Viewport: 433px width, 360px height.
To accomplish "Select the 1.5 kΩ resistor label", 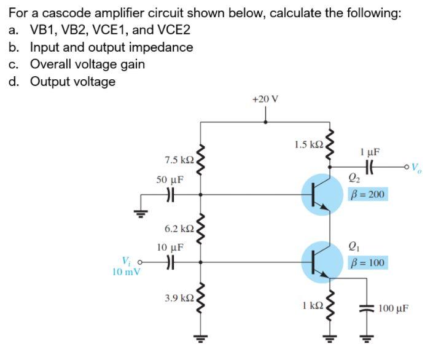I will point(308,145).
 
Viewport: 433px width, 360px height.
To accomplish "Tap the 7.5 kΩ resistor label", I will point(179,160).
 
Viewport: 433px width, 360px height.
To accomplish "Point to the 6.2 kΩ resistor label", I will point(179,229).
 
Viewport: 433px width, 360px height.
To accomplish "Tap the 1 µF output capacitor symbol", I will point(370,166).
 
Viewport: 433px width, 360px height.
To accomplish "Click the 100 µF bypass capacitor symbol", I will point(367,308).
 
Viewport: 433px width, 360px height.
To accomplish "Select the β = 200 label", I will point(367,195).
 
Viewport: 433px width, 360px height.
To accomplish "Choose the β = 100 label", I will point(367,263).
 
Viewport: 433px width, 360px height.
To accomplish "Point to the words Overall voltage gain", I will point(88,64).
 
